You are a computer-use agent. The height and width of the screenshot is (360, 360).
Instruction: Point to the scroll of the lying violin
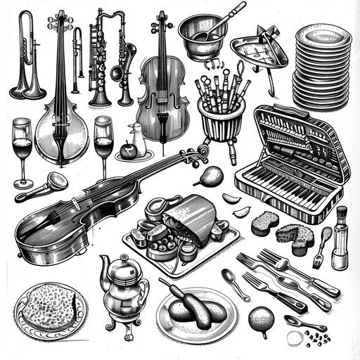tap(202, 150)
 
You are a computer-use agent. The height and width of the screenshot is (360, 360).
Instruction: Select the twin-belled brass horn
tap(27, 60)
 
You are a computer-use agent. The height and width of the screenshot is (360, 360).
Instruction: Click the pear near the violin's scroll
tap(212, 175)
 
